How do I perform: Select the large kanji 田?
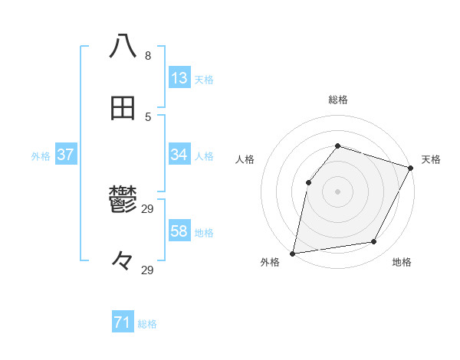[123, 108]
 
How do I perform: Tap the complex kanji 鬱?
[123, 201]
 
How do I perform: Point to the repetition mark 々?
[123, 261]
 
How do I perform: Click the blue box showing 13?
[179, 78]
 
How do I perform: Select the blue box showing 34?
[179, 155]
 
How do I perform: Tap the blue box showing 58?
[179, 231]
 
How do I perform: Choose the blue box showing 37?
[66, 155]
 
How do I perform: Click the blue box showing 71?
[123, 322]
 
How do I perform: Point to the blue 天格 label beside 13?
[204, 80]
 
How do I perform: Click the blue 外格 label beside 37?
[41, 156]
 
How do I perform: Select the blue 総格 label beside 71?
[147, 324]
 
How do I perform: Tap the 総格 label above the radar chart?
[338, 100]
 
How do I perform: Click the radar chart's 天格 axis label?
[431, 159]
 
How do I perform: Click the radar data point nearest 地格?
[374, 241]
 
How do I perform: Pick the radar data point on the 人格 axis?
[308, 182]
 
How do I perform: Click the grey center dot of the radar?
[337, 191]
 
